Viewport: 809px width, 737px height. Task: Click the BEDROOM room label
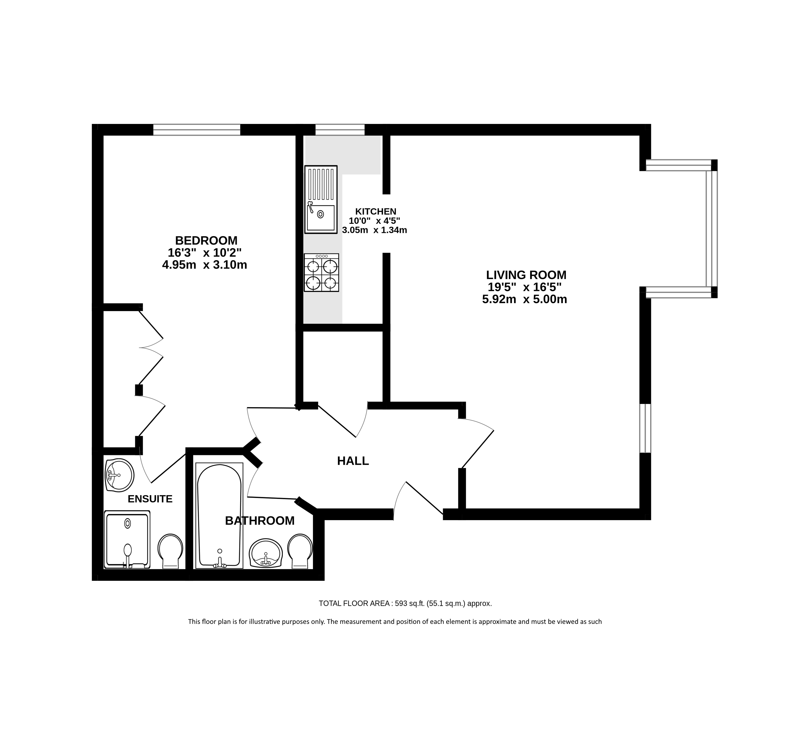click(206, 241)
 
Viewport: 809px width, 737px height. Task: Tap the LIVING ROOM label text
click(526, 275)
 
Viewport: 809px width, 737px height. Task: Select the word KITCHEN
click(376, 211)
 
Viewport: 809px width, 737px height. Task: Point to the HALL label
click(353, 461)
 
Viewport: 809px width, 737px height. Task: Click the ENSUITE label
click(150, 499)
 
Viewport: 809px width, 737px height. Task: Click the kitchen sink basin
click(321, 217)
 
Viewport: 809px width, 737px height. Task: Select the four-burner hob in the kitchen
click(321, 273)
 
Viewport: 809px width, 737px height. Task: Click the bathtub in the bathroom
click(219, 516)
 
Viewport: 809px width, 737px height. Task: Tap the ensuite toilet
click(170, 551)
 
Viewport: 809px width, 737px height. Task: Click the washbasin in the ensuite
click(119, 475)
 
